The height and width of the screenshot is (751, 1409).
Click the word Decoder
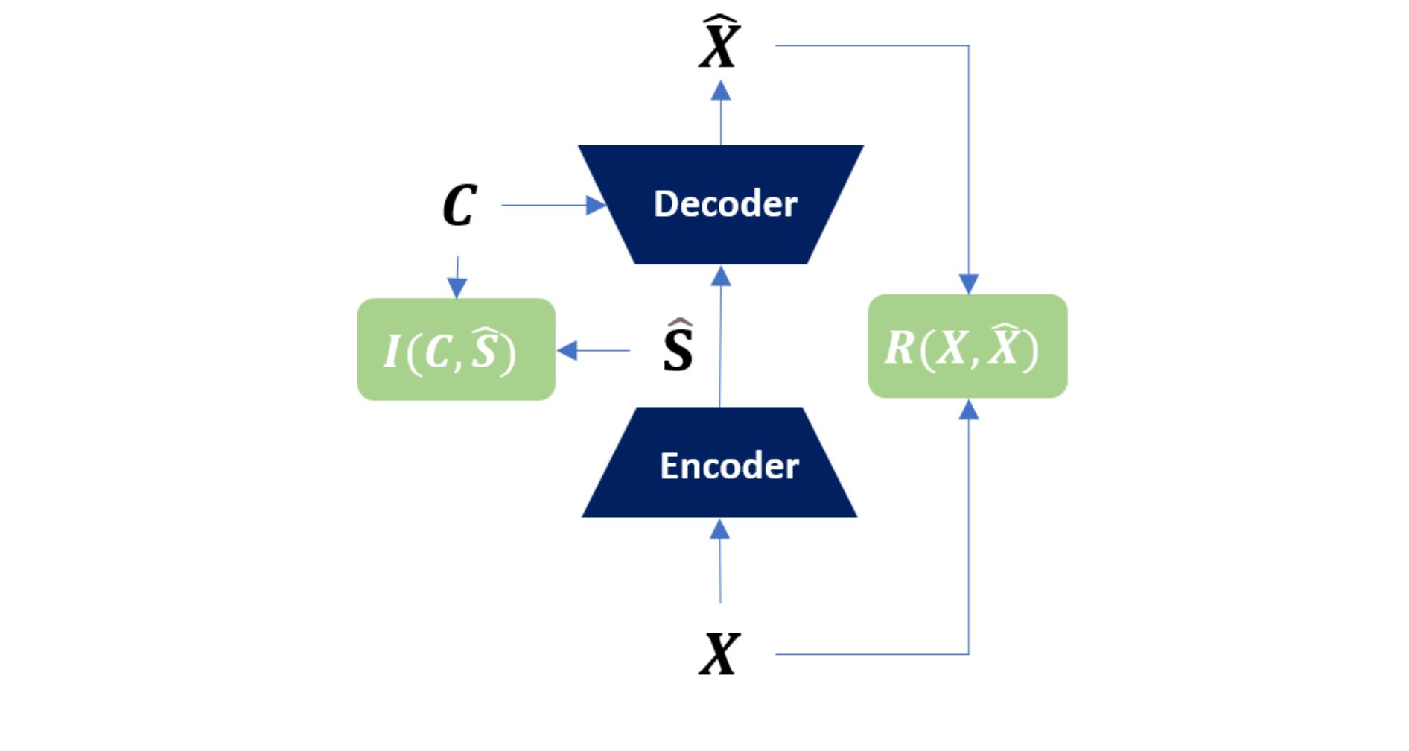[725, 203]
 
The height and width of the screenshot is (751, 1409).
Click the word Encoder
[729, 466]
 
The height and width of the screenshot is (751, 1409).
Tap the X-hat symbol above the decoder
[719, 42]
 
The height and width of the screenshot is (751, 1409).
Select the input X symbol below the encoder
[719, 653]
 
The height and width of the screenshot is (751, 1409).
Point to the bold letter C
[459, 205]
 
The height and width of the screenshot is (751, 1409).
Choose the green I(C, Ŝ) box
[457, 349]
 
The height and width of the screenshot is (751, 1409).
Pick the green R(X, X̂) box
[967, 346]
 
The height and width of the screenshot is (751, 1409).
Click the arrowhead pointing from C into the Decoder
[597, 205]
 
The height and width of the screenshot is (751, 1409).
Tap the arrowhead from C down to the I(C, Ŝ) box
[457, 288]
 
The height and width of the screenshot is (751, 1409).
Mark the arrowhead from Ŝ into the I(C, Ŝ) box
[567, 350]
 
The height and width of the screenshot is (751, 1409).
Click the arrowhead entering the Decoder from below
[720, 276]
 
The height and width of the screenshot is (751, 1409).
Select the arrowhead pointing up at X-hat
[720, 90]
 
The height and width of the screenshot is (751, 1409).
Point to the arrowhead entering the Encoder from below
[719, 529]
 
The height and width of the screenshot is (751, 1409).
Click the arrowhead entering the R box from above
[968, 284]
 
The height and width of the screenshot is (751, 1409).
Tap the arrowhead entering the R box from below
[968, 409]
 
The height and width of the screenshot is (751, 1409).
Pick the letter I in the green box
[392, 351]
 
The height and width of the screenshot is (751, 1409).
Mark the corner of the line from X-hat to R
[969, 45]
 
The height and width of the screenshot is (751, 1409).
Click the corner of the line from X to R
[969, 654]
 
